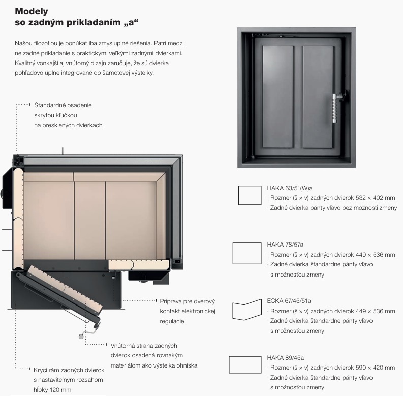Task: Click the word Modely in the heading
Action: pyautogui.click(x=32, y=12)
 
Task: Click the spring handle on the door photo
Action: pyautogui.click(x=334, y=108)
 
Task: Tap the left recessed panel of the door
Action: pyautogui.click(x=278, y=97)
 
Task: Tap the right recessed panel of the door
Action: pyautogui.click(x=318, y=97)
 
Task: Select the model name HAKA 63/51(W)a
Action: pyautogui.click(x=290, y=188)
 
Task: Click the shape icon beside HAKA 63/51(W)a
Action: pyautogui.click(x=250, y=195)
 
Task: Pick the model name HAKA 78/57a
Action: pyautogui.click(x=285, y=245)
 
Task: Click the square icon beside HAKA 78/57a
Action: pyautogui.click(x=247, y=253)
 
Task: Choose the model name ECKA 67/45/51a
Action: pyautogui.click(x=289, y=301)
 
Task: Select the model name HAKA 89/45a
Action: pyautogui.click(x=285, y=358)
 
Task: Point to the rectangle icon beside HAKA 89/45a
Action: pyautogui.click(x=245, y=364)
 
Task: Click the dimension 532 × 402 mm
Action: pyautogui.click(x=375, y=198)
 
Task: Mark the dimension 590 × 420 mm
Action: pyautogui.click(x=375, y=368)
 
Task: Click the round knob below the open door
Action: pyautogui.click(x=81, y=336)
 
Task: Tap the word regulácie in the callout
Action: pyautogui.click(x=172, y=321)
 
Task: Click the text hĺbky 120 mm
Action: pyautogui.click(x=52, y=390)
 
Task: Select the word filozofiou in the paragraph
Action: pyautogui.click(x=46, y=43)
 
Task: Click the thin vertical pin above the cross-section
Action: pyautogui.click(x=63, y=151)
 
